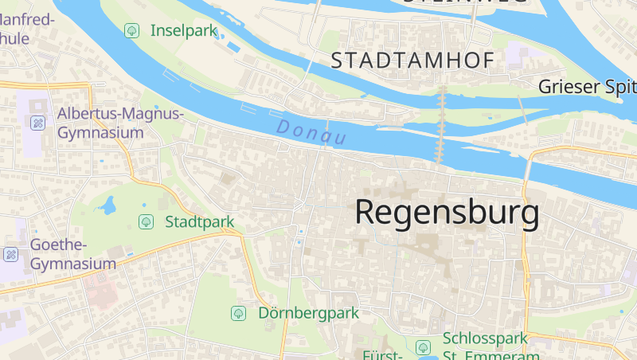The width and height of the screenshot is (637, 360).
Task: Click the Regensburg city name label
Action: click(x=447, y=213)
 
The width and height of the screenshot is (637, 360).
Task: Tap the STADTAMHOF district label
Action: click(x=412, y=60)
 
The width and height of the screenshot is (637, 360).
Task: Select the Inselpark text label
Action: click(x=184, y=31)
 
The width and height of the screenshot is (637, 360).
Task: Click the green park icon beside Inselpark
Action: click(x=131, y=31)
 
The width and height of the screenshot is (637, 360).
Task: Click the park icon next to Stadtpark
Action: click(x=146, y=221)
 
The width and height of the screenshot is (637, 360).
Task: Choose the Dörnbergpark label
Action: click(x=309, y=313)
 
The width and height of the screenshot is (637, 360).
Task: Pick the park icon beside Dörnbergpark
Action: click(x=237, y=313)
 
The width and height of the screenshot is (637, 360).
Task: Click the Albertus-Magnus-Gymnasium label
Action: click(x=120, y=123)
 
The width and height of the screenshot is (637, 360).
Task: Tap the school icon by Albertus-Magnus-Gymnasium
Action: click(x=37, y=123)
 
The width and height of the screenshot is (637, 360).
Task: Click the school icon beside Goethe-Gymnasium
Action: click(x=11, y=254)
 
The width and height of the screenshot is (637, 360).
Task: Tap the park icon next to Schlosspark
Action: click(x=423, y=347)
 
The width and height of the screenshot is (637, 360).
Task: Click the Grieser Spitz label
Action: click(x=588, y=86)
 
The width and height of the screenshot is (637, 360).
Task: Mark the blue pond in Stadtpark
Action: click(x=107, y=206)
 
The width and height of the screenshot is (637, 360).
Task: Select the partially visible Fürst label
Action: click(x=380, y=354)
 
